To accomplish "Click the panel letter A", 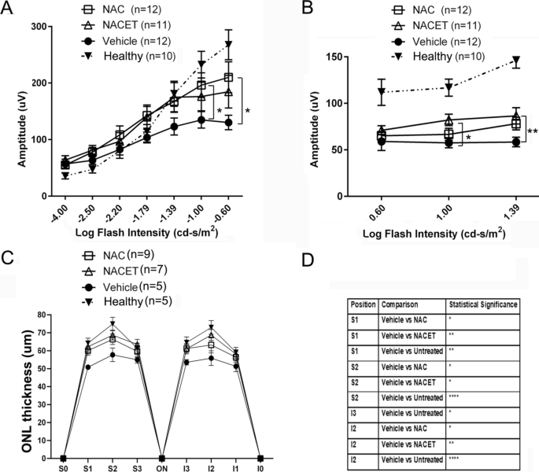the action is coord(7,8).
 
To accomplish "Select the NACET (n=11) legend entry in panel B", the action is coord(436,25).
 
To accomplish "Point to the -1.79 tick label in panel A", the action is coord(142,214).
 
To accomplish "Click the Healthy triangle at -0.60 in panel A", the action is coord(229,44).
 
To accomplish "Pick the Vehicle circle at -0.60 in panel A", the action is coord(228,123).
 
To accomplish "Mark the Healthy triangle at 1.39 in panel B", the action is coord(516,60).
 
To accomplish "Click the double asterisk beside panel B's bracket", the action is coord(533,131).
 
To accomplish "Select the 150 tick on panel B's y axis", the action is coord(335,57).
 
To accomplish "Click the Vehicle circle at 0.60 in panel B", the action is coord(381,142).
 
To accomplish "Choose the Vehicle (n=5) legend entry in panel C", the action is coord(124,286).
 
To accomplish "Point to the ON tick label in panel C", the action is coord(161,468).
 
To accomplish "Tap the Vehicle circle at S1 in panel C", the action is coord(88,367).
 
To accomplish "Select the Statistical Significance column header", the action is coord(483,304).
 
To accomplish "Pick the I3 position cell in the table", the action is coord(354,413).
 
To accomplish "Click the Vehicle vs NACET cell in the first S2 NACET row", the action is coord(408,382).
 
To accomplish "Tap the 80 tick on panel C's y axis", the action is coord(42,315).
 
